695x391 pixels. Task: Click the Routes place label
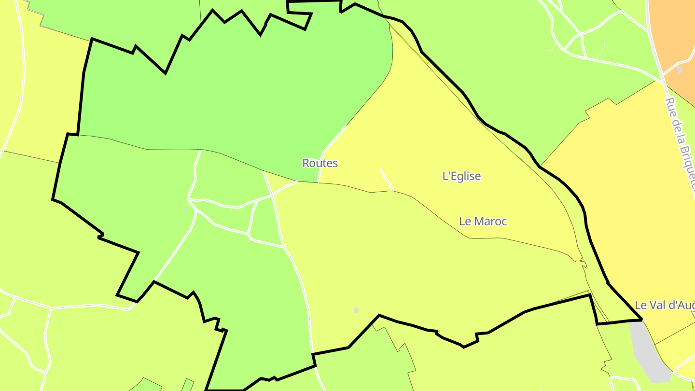[x=320, y=163]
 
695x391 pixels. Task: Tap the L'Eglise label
[x=461, y=176]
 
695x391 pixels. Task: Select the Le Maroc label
[x=483, y=221]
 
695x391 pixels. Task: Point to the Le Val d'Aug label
[x=664, y=305]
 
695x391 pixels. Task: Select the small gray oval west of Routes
[x=184, y=209]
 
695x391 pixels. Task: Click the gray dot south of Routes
[x=356, y=310]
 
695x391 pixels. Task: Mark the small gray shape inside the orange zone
[x=680, y=70]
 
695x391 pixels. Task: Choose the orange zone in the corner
[x=676, y=34]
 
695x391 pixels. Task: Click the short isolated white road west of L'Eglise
[x=387, y=179]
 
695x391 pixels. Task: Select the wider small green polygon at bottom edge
[x=147, y=385]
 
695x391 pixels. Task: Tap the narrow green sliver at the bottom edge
[x=187, y=385]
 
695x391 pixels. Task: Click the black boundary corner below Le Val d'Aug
[x=641, y=319]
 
